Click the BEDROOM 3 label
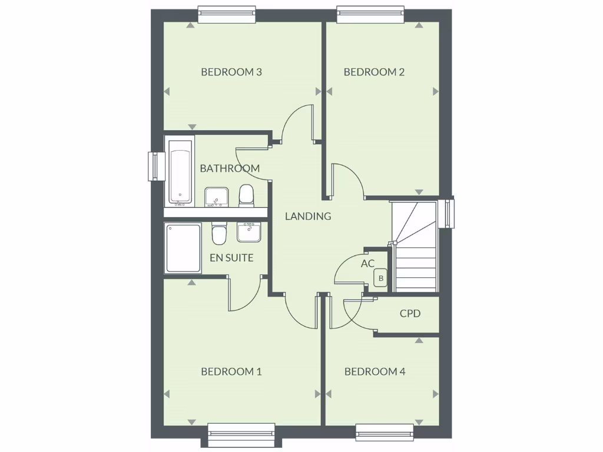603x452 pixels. coord(231,72)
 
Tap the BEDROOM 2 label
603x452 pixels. coord(374,72)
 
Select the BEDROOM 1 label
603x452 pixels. coord(231,371)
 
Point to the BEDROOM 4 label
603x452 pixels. coord(375,371)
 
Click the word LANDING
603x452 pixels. coord(308,216)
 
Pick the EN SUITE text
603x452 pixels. coord(231,258)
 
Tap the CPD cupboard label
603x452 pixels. coord(410,314)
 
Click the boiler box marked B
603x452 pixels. coord(381,278)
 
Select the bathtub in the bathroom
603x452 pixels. coord(180,171)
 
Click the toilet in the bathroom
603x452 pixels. coord(246,195)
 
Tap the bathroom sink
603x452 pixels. coord(217,197)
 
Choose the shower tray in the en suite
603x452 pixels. coord(183,248)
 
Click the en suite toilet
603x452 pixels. coord(219,234)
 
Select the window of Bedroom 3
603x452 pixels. coord(227,14)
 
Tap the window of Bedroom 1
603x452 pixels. coord(242,435)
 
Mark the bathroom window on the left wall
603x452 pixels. coord(155,167)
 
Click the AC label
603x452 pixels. coord(367,264)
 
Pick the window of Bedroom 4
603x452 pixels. coord(385,433)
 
